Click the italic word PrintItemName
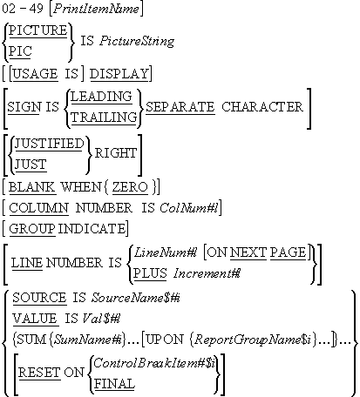(x=97, y=9)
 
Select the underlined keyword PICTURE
(x=37, y=30)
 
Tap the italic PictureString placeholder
(x=137, y=41)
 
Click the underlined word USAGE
(x=35, y=74)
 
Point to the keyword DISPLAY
(x=119, y=74)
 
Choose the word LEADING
(x=101, y=97)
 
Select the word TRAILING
(x=104, y=118)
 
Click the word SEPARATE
(x=180, y=107)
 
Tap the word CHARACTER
(x=262, y=107)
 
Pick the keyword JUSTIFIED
(x=49, y=144)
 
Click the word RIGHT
(x=116, y=153)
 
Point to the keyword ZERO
(x=130, y=186)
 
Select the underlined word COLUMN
(x=38, y=208)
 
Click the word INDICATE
(x=92, y=229)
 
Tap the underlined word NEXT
(x=248, y=252)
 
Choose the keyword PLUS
(x=150, y=273)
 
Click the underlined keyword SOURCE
(x=39, y=298)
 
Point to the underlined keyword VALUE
(x=35, y=319)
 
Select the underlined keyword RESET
(x=39, y=373)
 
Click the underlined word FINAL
(x=114, y=384)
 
